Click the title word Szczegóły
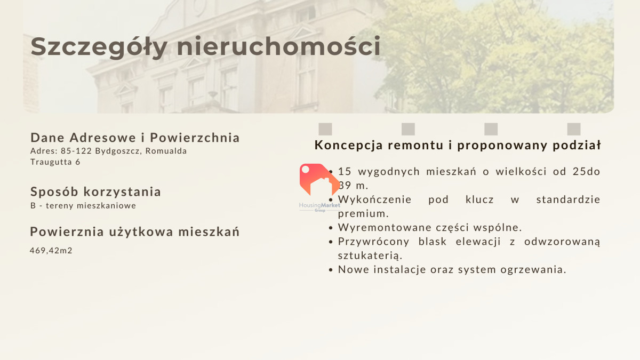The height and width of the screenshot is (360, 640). tap(99, 47)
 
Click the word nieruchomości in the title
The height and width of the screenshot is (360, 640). tap(278, 46)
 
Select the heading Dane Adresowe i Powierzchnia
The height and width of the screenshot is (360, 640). tap(135, 138)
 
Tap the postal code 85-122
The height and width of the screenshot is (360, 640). tap(76, 151)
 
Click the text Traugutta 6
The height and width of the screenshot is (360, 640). tap(55, 162)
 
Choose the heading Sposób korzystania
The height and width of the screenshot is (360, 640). tap(95, 191)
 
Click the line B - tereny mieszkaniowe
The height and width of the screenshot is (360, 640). tap(83, 205)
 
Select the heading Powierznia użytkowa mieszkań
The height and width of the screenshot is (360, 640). tap(135, 231)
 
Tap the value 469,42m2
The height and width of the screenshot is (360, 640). tap(51, 251)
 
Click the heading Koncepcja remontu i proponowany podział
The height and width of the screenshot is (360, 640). tap(458, 145)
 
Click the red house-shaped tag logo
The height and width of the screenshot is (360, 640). tap(319, 179)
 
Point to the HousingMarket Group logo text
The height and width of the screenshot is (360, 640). tap(319, 207)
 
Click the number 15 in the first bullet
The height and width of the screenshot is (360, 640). tap(345, 171)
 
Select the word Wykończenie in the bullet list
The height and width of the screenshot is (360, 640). tap(375, 199)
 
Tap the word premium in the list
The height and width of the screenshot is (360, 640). tap(362, 214)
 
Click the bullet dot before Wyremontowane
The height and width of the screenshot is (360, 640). tap(331, 228)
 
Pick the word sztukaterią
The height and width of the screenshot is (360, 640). tap(370, 255)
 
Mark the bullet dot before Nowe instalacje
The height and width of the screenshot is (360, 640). tap(331, 270)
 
